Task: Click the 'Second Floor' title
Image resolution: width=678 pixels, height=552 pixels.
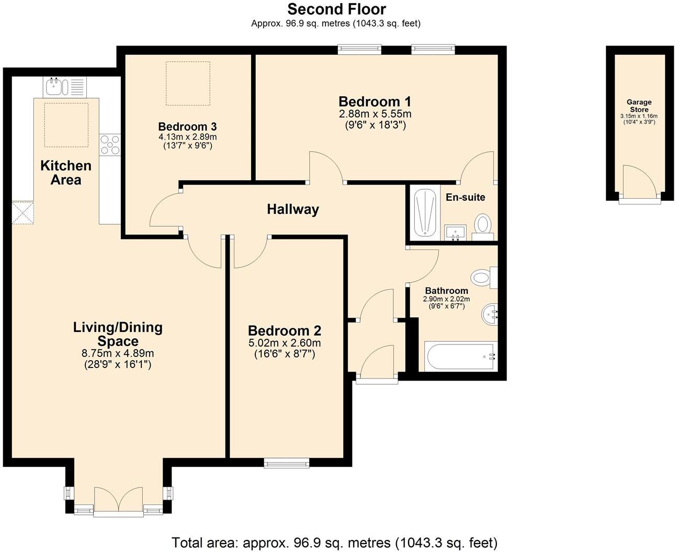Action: point(336,9)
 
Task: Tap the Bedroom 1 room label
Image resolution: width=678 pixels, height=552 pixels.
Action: point(375,101)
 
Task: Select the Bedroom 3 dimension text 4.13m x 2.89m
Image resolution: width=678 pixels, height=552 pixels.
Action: point(188,137)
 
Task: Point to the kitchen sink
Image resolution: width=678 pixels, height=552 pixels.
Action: point(54,86)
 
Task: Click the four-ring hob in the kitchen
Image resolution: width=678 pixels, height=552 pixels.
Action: point(110,145)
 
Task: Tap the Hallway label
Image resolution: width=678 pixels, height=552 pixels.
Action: point(292,210)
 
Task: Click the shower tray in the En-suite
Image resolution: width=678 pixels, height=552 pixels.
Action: point(425,213)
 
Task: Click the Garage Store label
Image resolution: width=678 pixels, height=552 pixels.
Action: point(639,106)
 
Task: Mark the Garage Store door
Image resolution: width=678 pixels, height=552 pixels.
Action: point(639,183)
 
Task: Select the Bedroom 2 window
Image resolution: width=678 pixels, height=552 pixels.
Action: point(286,462)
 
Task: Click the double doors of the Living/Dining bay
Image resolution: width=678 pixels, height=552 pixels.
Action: point(119,502)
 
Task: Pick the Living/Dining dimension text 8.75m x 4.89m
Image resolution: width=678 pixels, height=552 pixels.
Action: point(118,354)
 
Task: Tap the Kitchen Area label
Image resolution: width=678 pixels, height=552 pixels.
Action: point(66,173)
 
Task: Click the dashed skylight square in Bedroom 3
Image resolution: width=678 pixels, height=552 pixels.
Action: point(188,83)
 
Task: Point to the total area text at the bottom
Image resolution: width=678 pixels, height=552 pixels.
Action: point(334,543)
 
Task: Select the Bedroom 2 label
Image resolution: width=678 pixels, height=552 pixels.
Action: point(284,331)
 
